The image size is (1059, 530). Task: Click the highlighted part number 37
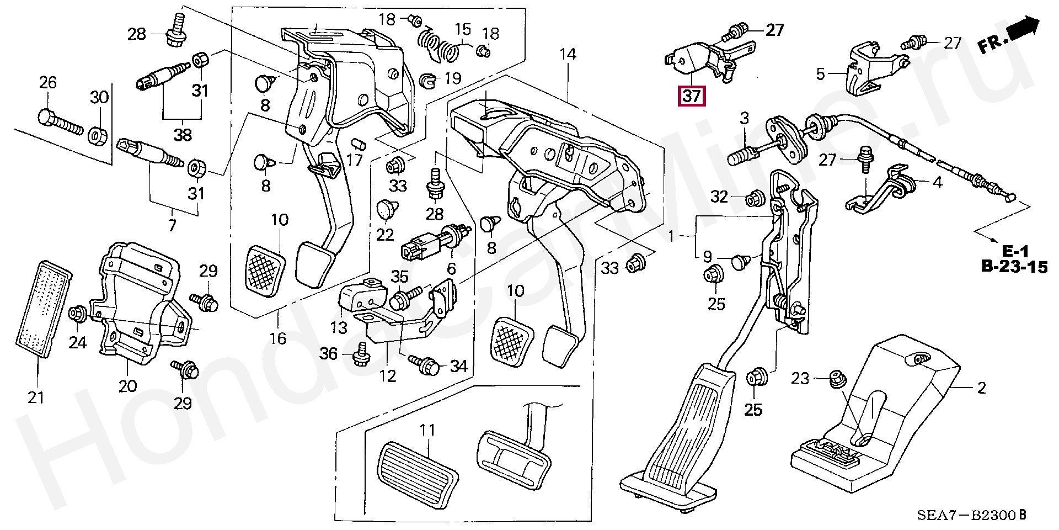click(x=692, y=97)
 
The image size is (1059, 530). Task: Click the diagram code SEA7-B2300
click(x=966, y=516)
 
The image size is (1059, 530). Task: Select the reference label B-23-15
click(x=1014, y=268)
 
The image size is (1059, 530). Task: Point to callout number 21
click(x=36, y=397)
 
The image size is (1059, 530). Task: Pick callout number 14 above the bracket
click(x=568, y=54)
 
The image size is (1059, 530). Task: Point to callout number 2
click(x=981, y=388)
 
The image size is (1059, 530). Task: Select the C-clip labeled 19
click(x=427, y=81)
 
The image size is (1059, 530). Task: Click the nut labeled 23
click(x=837, y=379)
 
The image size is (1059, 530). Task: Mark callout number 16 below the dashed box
click(x=278, y=338)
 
